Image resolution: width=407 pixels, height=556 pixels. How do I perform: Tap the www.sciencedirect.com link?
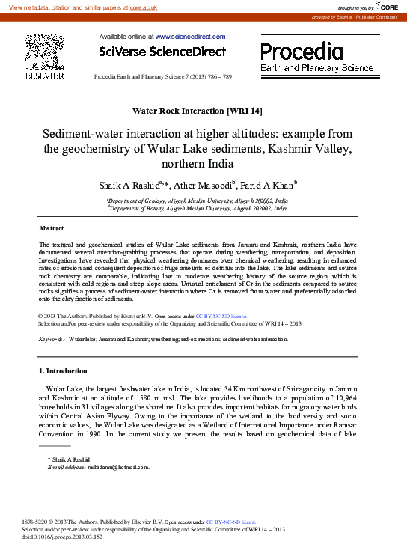tap(190, 36)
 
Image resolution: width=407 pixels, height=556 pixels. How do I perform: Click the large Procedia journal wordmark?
tap(302, 52)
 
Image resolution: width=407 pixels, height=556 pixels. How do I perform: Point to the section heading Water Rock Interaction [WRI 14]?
tap(197, 111)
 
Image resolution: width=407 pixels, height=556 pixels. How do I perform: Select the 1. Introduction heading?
tap(62, 370)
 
